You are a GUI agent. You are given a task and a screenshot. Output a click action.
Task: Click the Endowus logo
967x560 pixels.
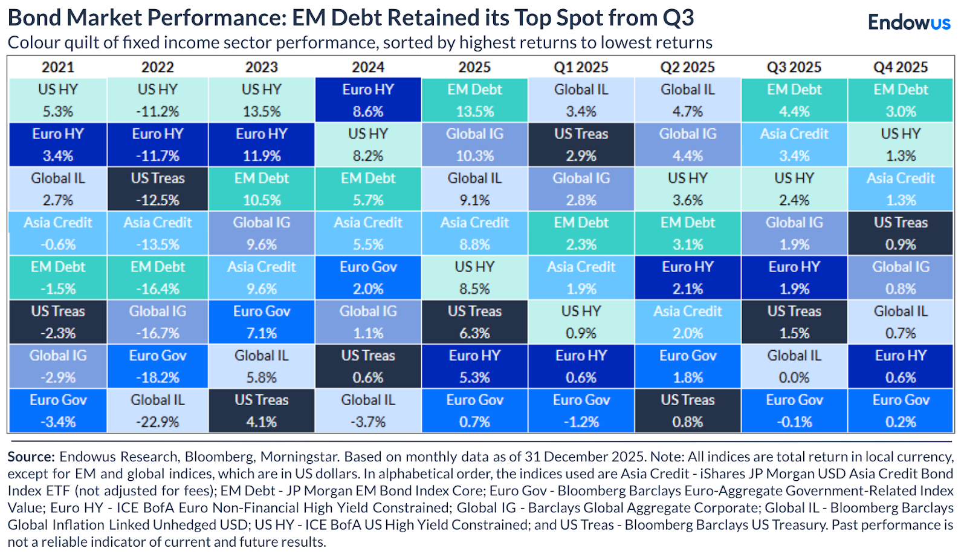pos(908,22)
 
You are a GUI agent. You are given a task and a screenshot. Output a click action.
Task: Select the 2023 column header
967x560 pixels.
pos(261,67)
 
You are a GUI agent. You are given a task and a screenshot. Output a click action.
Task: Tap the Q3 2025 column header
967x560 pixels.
pos(794,67)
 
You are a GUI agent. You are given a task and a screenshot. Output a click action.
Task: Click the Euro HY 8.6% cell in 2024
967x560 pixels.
pos(367,100)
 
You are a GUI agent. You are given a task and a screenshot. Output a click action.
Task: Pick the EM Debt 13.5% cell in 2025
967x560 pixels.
pos(474,100)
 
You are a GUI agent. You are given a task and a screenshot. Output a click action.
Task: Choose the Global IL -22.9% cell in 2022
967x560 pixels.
pos(158,411)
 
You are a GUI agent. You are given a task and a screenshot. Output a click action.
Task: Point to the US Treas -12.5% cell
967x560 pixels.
pos(158,189)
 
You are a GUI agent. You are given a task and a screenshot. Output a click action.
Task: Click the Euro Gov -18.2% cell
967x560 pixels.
pos(158,366)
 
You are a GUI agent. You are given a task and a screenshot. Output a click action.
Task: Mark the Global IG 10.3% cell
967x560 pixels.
pos(474,145)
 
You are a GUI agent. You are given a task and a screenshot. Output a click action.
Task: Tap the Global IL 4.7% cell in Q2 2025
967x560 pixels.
pos(687,100)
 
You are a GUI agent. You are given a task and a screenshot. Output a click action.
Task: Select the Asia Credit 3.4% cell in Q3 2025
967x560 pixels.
pos(794,145)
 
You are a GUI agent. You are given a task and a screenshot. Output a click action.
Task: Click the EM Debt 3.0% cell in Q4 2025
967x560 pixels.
pos(901,100)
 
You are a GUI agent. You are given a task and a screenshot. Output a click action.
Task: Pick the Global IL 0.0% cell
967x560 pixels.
pos(794,366)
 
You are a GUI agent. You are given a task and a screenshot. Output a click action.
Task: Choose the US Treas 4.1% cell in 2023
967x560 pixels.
pos(261,411)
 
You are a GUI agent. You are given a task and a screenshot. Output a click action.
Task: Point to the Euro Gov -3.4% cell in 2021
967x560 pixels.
pos(58,411)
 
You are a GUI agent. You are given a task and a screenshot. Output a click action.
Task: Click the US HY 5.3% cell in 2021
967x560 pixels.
pos(58,100)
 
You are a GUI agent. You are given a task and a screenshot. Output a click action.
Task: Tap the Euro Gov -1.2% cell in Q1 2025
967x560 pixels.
pos(581,411)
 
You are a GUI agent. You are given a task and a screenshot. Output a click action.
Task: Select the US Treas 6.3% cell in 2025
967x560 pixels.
pos(474,322)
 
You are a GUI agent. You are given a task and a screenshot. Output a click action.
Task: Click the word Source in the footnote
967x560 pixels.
pos(31,457)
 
